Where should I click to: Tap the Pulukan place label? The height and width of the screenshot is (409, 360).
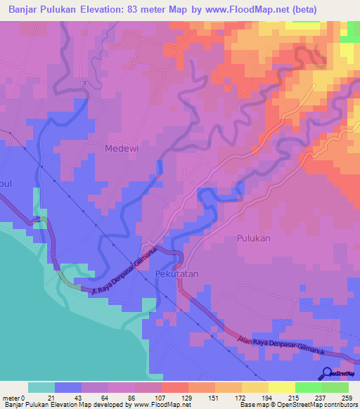pos(253,238)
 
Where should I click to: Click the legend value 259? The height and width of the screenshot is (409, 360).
pos(349,398)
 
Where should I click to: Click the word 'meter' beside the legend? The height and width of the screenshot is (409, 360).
pos(11,398)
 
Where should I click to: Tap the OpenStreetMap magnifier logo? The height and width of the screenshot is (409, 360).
pos(327,373)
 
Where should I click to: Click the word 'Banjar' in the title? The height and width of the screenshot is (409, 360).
pos(25,10)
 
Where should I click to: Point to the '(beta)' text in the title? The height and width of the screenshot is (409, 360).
pos(296,10)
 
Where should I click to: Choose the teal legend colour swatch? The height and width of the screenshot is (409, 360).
pos(41,387)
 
